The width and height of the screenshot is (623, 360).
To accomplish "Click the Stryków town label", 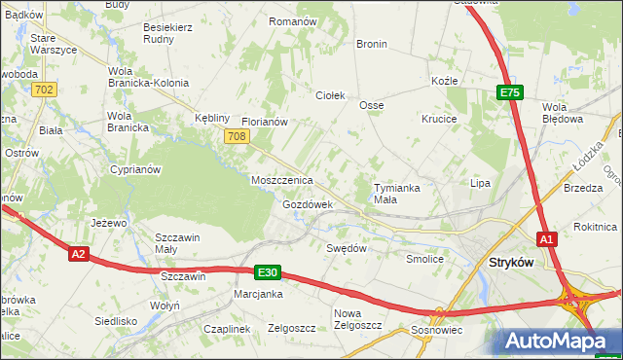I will tap(515, 262).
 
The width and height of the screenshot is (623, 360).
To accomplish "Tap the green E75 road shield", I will tap(510, 92).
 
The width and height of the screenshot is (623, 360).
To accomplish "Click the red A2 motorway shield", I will tap(80, 254).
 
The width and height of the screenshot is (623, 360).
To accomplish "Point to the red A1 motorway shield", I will tap(547, 239).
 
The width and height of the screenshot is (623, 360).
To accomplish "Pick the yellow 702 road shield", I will tap(44, 90).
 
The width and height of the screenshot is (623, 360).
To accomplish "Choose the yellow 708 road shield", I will tap(236, 137).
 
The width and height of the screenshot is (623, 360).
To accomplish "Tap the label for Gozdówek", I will tap(308, 205).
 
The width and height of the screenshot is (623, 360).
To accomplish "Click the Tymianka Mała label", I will tap(399, 193).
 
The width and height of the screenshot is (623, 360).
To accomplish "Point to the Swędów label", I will tap(346, 248).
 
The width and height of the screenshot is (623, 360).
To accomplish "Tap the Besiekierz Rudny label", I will tap(167, 34).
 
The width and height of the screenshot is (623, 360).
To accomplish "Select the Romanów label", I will tap(293, 21).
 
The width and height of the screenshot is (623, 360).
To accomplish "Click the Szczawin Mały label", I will tap(179, 243).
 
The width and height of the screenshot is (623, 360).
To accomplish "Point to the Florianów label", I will tap(264, 122).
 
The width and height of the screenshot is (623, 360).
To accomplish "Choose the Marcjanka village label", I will tap(258, 294).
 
